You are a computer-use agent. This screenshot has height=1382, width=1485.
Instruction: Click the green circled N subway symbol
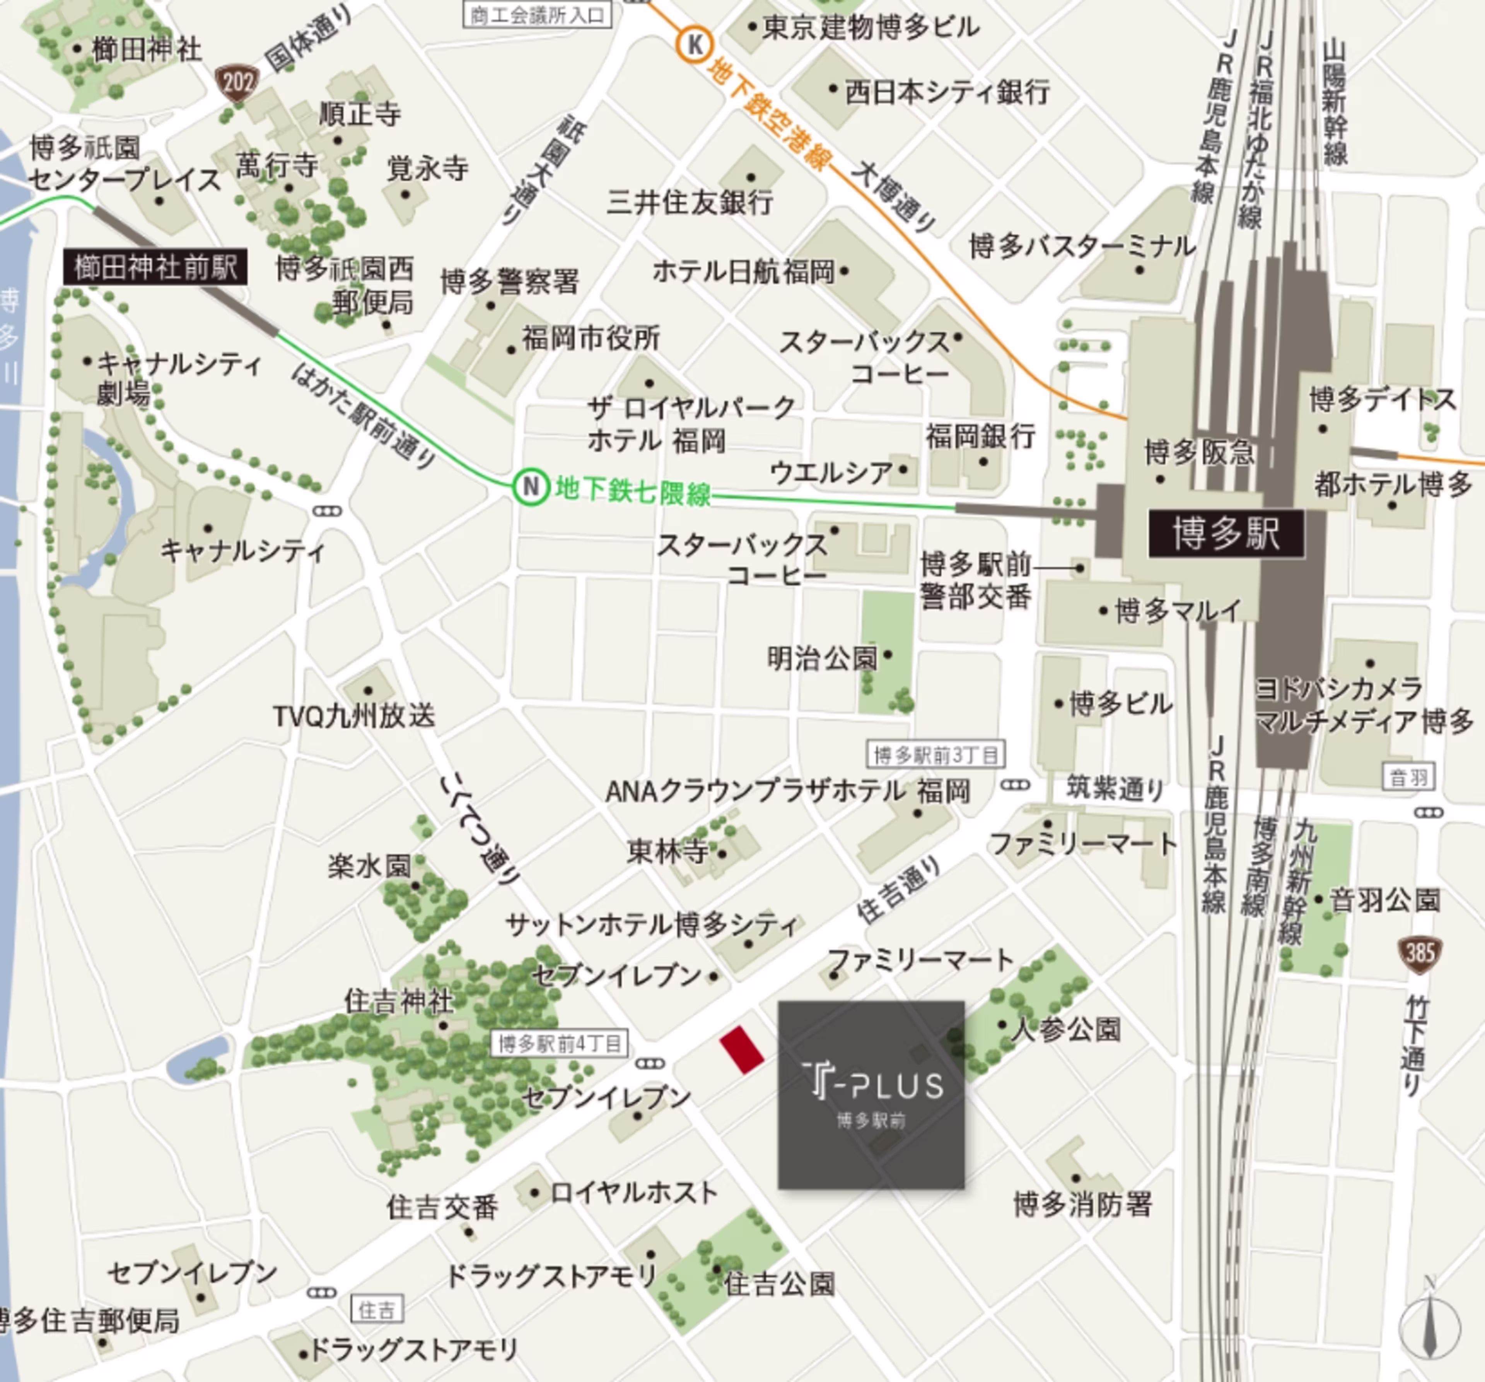[530, 487]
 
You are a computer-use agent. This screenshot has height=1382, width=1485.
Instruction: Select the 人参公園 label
[1066, 1030]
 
